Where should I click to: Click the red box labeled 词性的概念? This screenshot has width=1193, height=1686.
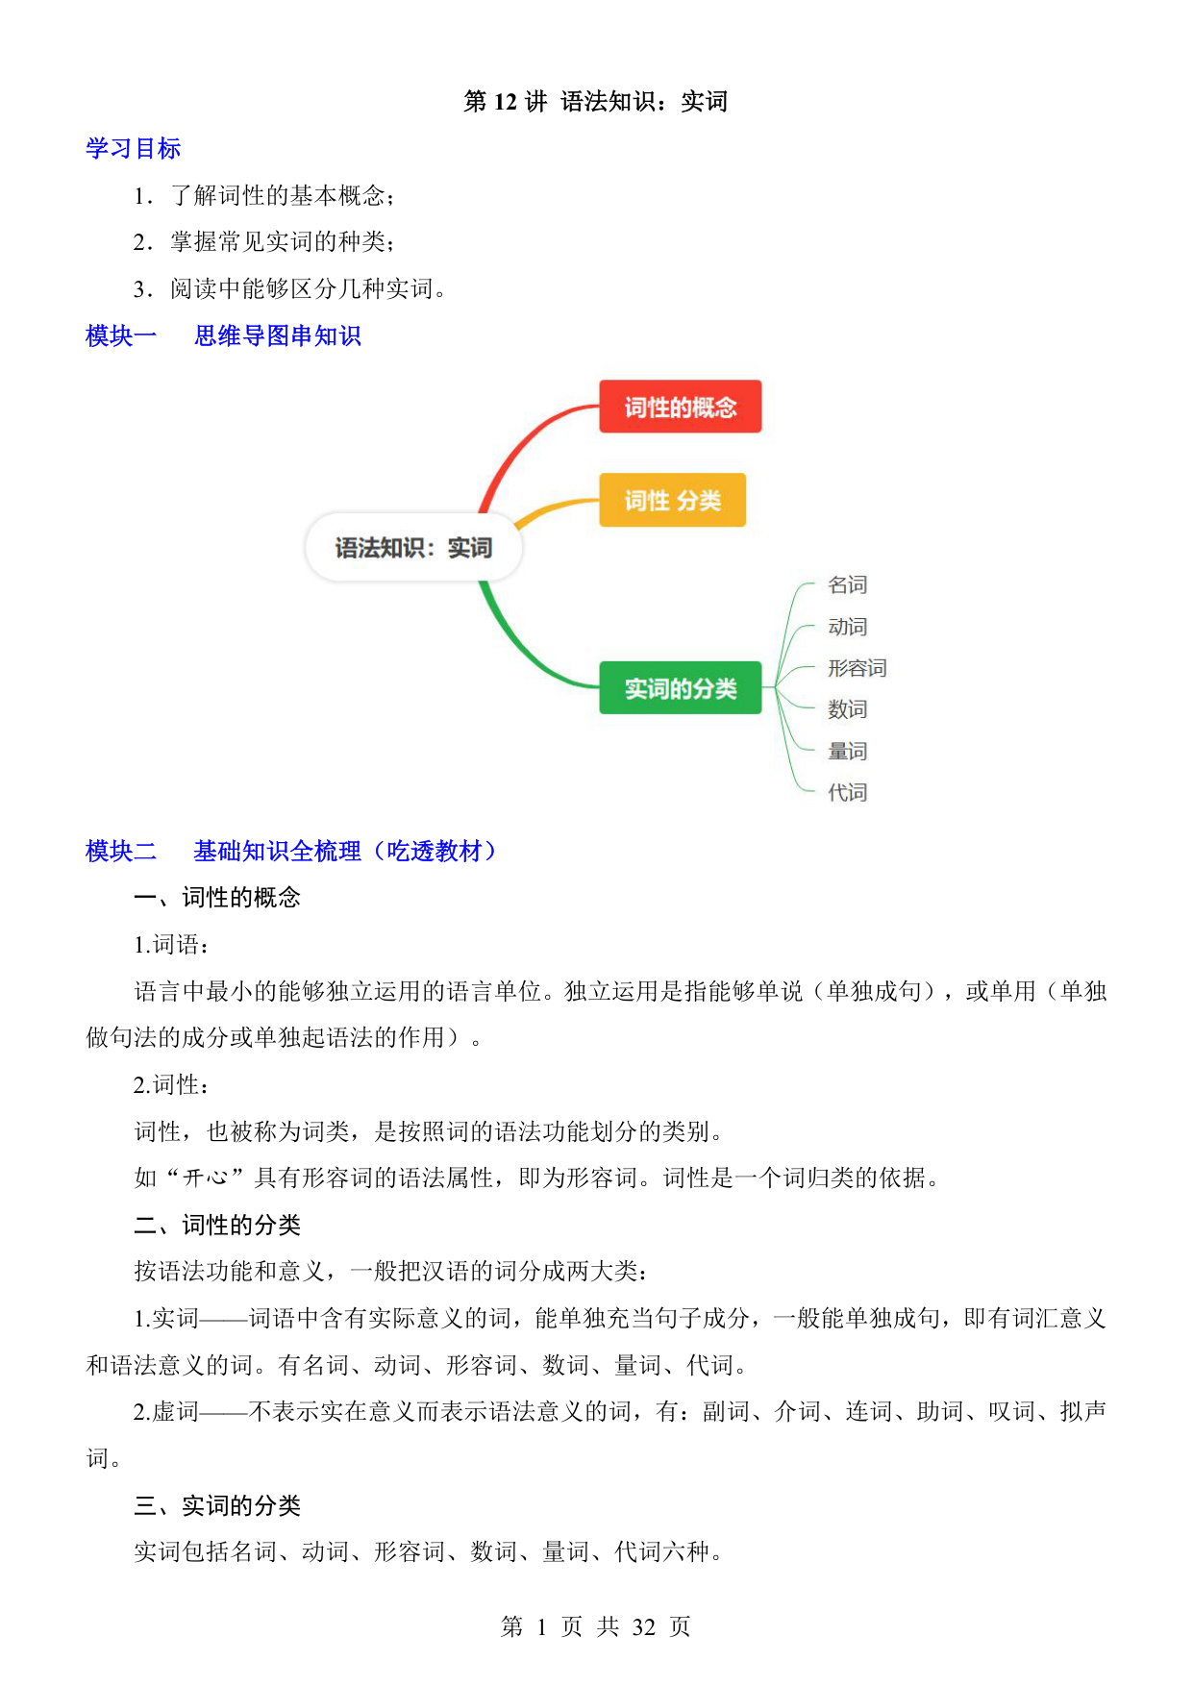680,407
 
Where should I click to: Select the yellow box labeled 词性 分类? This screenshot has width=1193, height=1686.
672,500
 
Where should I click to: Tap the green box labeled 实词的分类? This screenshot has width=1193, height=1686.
680,687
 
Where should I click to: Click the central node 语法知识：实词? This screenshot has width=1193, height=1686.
413,548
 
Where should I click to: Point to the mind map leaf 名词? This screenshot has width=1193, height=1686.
847,584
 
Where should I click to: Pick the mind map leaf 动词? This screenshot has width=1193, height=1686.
847,627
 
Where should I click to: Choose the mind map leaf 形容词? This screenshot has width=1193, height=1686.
857,668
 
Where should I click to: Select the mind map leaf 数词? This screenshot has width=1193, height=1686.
847,709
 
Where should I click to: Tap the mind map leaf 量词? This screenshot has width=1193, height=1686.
847,751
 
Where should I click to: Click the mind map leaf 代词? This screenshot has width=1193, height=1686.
847,792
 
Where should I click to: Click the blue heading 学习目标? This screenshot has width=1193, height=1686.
133,148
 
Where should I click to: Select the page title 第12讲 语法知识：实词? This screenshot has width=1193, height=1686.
595,101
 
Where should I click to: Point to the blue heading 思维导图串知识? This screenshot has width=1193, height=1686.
277,335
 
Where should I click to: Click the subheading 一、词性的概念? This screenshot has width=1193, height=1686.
217,897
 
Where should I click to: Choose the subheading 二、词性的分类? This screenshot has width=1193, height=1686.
217,1225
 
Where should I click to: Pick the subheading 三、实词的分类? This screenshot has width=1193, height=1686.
217,1505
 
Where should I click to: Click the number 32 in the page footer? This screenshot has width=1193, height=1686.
644,1626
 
